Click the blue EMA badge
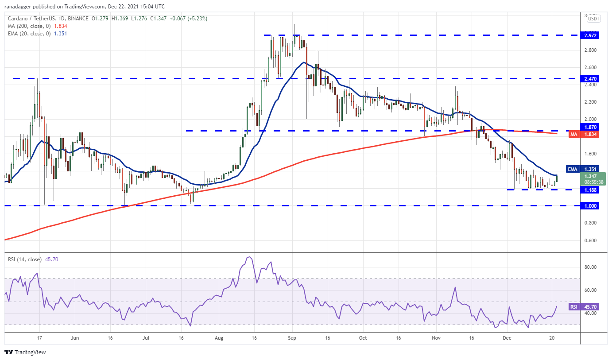tap(573, 169)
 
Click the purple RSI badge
tap(573, 306)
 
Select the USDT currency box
tap(593, 19)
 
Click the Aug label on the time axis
tap(219, 337)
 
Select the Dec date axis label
tap(507, 337)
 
